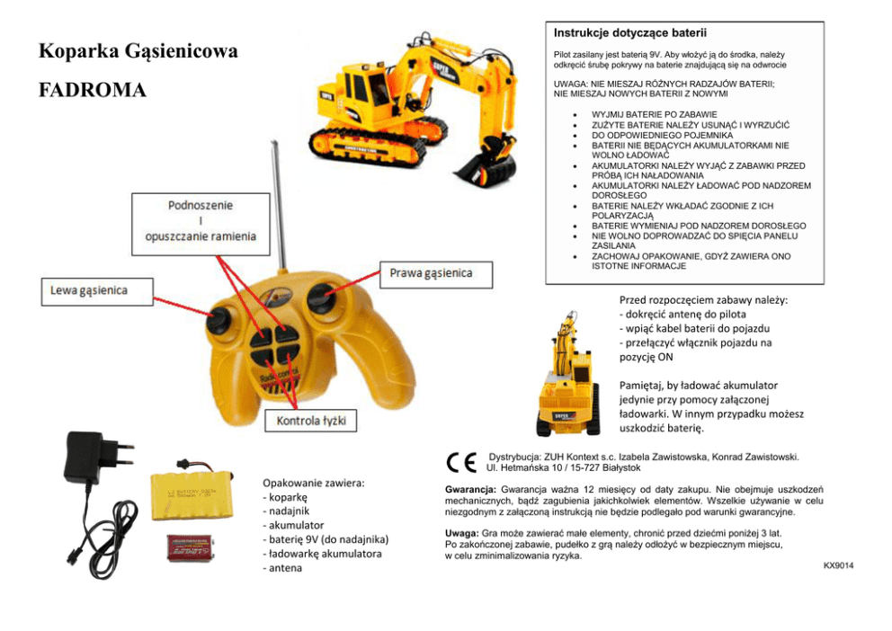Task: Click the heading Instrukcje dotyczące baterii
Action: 630,33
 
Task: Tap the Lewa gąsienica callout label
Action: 86,290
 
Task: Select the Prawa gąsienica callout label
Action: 430,272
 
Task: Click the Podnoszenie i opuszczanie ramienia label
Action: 201,220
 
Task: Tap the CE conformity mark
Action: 461,462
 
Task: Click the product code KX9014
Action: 837,565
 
